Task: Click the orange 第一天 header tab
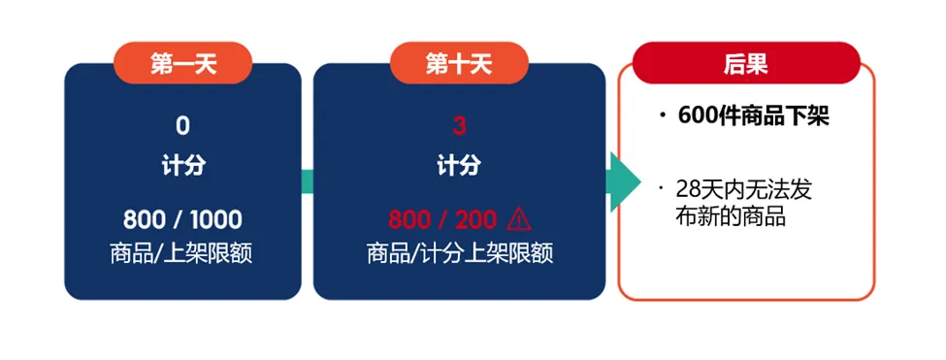[182, 64]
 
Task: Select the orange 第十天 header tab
[459, 64]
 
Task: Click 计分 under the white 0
[182, 166]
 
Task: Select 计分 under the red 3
[459, 166]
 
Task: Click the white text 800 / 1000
[182, 219]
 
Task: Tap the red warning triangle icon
[518, 218]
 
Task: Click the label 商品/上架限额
[182, 254]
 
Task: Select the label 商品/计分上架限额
[459, 254]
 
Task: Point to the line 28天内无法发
[743, 190]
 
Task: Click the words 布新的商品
[730, 217]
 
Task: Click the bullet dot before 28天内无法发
[662, 186]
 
